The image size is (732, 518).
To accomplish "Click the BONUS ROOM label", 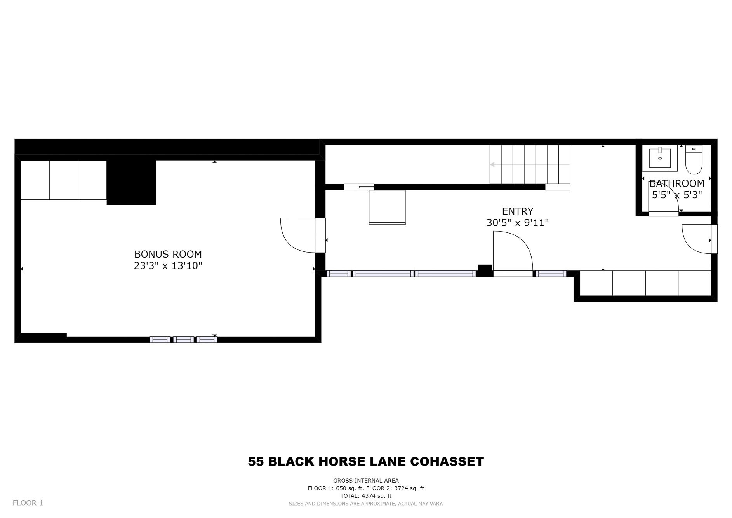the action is click(x=168, y=254).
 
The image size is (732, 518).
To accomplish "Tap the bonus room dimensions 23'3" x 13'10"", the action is click(x=168, y=266).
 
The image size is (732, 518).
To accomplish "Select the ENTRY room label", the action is click(x=518, y=211).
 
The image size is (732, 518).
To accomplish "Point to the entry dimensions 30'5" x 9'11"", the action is click(x=518, y=223).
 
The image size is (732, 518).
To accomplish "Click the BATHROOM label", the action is click(x=677, y=183).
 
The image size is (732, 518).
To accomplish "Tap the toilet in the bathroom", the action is click(x=694, y=160).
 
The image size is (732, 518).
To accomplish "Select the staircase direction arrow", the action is click(x=530, y=164).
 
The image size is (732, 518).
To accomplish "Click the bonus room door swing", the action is click(x=297, y=235).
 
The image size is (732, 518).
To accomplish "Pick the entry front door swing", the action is click(x=513, y=251).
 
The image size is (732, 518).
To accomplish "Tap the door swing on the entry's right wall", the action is click(x=697, y=239).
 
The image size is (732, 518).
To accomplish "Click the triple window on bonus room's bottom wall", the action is click(x=183, y=339).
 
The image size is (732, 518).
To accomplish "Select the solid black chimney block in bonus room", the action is click(x=131, y=183).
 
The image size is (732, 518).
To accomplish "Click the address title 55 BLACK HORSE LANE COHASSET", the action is click(x=366, y=462).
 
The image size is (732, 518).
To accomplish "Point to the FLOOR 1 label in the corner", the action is click(x=28, y=503).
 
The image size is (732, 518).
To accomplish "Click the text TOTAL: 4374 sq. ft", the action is click(x=366, y=496).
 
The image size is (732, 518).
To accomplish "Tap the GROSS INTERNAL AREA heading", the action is click(x=366, y=481).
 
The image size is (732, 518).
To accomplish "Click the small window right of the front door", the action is click(x=551, y=274).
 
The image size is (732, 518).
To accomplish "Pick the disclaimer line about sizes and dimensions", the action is click(x=366, y=504).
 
